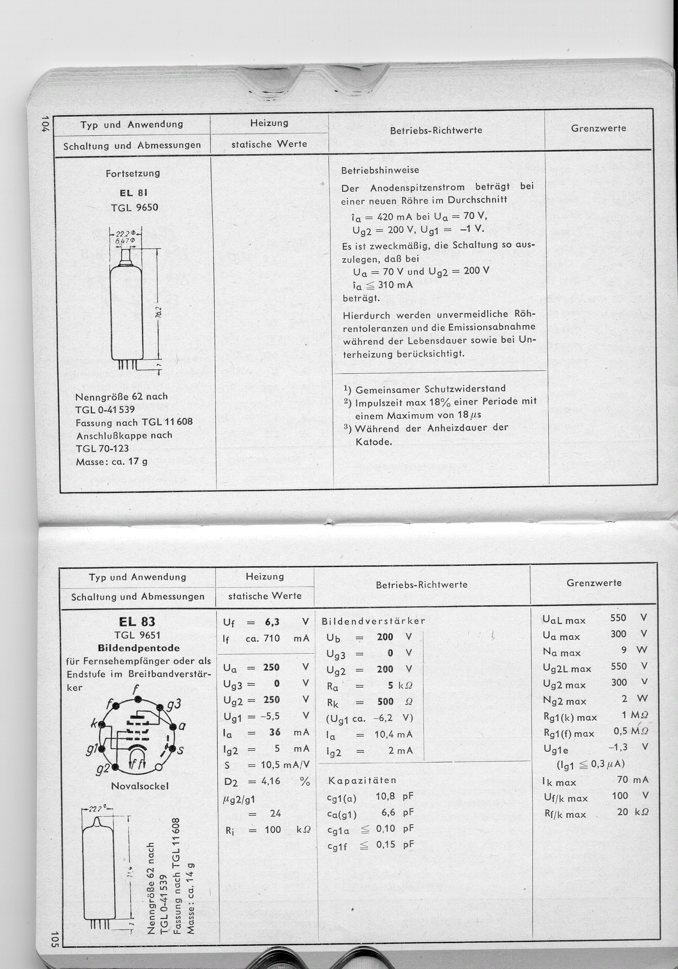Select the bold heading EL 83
137,622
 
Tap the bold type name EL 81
133,193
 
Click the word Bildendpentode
139,648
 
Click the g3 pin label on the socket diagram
174,704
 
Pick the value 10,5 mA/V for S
285,764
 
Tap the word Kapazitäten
362,781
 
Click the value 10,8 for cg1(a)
385,797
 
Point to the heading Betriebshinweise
380,170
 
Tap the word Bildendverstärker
373,621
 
